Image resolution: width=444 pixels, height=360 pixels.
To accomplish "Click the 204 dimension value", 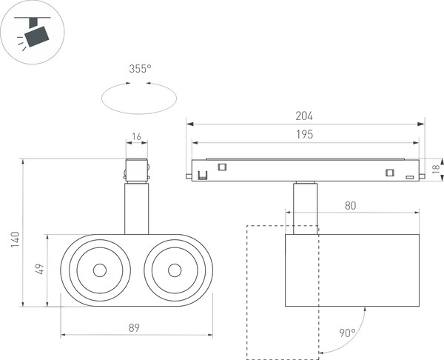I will click(304, 116).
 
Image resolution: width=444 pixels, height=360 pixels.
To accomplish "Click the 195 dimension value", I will click(304, 134).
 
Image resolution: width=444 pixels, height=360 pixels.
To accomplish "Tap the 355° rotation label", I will click(139, 69).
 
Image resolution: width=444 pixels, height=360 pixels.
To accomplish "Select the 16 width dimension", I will click(135, 137).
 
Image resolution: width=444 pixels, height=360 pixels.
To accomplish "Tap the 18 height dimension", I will click(437, 170).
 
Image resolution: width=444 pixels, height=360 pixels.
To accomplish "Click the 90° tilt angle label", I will click(347, 333).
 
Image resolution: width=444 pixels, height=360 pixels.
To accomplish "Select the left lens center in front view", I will click(99, 270).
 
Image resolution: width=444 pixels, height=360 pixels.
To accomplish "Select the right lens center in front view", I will click(175, 270).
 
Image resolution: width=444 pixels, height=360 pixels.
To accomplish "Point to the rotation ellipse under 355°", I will click(139, 98).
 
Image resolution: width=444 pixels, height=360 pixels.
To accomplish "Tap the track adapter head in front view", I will click(137, 170).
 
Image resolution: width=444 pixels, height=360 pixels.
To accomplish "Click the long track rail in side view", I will click(304, 170).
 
